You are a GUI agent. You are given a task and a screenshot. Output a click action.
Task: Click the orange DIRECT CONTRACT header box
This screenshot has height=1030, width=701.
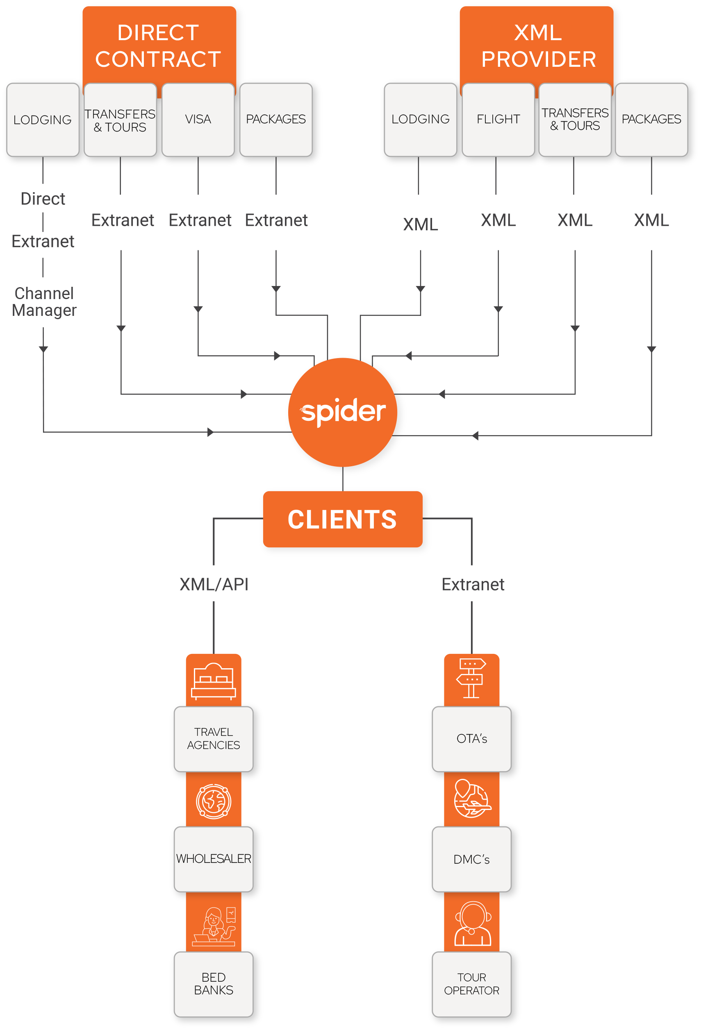pos(159,45)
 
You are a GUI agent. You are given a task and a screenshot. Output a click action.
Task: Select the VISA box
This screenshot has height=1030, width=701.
pos(198,120)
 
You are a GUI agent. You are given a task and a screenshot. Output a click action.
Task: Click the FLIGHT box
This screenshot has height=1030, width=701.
pos(498,120)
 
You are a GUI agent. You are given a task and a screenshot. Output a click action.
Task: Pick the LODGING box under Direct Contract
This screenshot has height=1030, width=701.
pos(43,120)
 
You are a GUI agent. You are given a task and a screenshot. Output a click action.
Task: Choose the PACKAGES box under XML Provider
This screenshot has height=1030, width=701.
pos(651,120)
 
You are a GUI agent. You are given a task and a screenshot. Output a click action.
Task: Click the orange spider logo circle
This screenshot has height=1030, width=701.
pos(342,412)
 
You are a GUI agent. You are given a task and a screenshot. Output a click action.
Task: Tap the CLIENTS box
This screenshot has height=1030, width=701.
pos(342,519)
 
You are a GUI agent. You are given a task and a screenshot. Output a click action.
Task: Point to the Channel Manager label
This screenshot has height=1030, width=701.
pos(44,302)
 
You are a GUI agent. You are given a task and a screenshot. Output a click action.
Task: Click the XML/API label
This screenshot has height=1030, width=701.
pos(214,585)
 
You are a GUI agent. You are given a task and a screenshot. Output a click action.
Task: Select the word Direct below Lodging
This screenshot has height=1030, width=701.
pos(43,199)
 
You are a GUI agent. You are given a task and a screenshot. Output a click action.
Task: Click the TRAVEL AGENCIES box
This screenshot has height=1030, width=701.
pos(213,738)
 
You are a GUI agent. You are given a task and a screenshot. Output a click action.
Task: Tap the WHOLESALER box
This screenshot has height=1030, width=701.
pos(213,859)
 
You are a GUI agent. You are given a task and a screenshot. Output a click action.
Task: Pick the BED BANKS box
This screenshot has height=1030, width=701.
pos(213,983)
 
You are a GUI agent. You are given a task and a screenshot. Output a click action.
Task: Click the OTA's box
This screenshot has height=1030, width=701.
pos(471,738)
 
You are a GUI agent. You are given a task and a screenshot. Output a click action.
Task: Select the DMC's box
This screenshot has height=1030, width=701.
pos(471,859)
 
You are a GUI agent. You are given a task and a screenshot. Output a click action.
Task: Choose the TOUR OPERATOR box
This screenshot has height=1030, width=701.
pos(471,983)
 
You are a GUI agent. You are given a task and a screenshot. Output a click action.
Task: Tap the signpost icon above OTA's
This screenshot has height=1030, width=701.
pos(471,678)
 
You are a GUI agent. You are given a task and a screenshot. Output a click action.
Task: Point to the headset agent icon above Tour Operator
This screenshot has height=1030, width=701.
pos(472,923)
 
